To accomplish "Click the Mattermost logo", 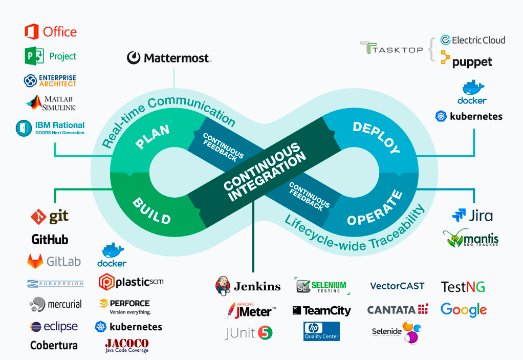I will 169,58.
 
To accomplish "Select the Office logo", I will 51,32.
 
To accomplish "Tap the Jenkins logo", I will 248,286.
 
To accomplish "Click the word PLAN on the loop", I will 152,137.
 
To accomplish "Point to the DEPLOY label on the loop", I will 377,138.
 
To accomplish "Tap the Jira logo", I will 472,215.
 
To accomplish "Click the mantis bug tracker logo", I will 471,238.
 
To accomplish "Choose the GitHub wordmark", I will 50,239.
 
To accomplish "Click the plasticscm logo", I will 131,282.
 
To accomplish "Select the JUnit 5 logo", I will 249,333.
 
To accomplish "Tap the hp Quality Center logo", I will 321,331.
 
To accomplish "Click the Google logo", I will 464,310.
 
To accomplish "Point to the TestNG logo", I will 463,287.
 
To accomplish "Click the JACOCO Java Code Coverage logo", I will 127,345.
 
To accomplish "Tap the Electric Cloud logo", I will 472,40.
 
